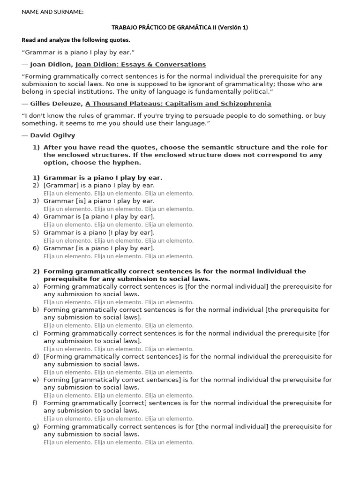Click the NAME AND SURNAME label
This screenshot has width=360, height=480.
click(52, 12)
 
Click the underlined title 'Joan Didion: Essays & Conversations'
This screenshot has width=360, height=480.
click(141, 64)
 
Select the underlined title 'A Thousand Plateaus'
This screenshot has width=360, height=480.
click(178, 104)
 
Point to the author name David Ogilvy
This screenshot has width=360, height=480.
click(52, 135)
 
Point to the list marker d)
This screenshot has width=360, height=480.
click(36, 357)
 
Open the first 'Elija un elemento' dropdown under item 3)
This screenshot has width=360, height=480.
click(67, 209)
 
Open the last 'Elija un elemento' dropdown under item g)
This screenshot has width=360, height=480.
click(169, 442)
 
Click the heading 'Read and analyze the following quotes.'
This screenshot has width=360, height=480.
click(76, 40)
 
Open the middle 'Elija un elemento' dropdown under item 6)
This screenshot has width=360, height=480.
click(118, 256)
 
